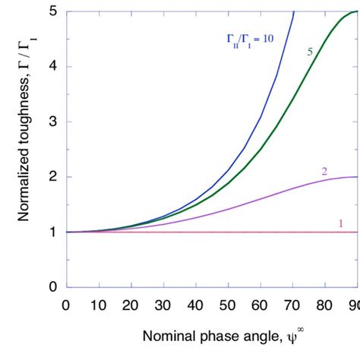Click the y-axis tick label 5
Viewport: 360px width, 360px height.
53,11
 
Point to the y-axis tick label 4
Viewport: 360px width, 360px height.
53,67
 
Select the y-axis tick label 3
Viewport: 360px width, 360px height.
53,122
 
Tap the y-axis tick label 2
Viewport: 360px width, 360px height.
53,177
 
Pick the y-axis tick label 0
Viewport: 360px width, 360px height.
53,287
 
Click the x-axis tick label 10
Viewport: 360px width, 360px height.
99,305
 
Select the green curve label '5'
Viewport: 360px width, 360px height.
309,52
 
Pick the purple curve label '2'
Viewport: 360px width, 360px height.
324,171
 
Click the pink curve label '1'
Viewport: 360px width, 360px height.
339,223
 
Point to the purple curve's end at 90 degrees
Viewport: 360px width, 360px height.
355,177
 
